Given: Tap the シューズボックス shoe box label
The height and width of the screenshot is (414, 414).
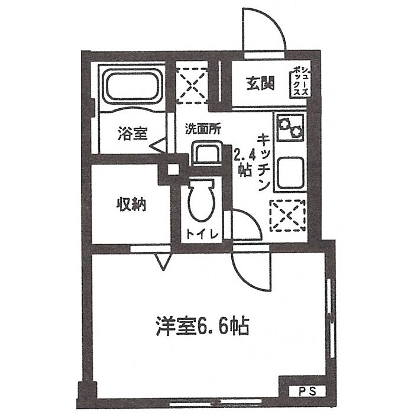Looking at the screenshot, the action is [x=297, y=83].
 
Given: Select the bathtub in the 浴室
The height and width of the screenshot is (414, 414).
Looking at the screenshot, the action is [x=131, y=88].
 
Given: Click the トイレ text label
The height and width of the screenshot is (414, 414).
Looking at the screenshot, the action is [x=202, y=234].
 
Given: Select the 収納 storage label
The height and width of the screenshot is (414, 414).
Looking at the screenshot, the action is [x=130, y=206].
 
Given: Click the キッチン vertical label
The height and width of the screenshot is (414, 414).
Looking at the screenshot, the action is [x=263, y=161].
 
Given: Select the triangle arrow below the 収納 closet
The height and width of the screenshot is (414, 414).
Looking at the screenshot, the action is [x=161, y=261].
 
